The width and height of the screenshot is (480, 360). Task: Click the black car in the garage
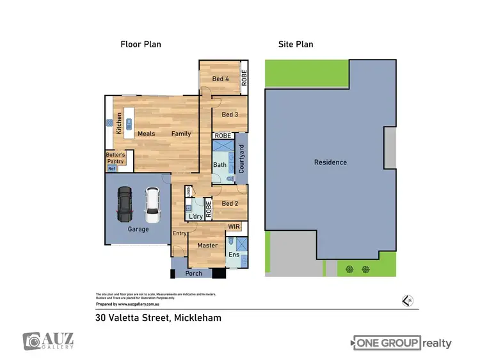[x=124, y=203]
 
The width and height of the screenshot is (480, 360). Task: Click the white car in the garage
[x=152, y=203]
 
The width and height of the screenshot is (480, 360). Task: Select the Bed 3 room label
[x=230, y=114]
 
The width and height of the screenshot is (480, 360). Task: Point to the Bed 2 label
[x=230, y=203]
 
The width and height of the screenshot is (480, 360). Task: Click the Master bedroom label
[x=207, y=246]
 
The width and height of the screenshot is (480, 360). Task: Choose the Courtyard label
[x=241, y=159]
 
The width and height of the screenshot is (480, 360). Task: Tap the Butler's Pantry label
[x=116, y=159]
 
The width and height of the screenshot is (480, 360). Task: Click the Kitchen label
[x=119, y=123]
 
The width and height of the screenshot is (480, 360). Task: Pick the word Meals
[x=147, y=134]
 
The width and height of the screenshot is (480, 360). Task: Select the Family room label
[x=180, y=134]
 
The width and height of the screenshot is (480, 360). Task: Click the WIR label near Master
[x=234, y=226]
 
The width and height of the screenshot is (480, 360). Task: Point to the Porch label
[x=193, y=274]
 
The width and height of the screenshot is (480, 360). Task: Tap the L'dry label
[x=196, y=217]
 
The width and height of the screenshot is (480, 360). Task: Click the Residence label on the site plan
[x=330, y=162]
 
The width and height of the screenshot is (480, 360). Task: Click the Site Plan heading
[x=295, y=44]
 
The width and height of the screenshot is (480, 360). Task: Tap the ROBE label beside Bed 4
[x=244, y=77]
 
